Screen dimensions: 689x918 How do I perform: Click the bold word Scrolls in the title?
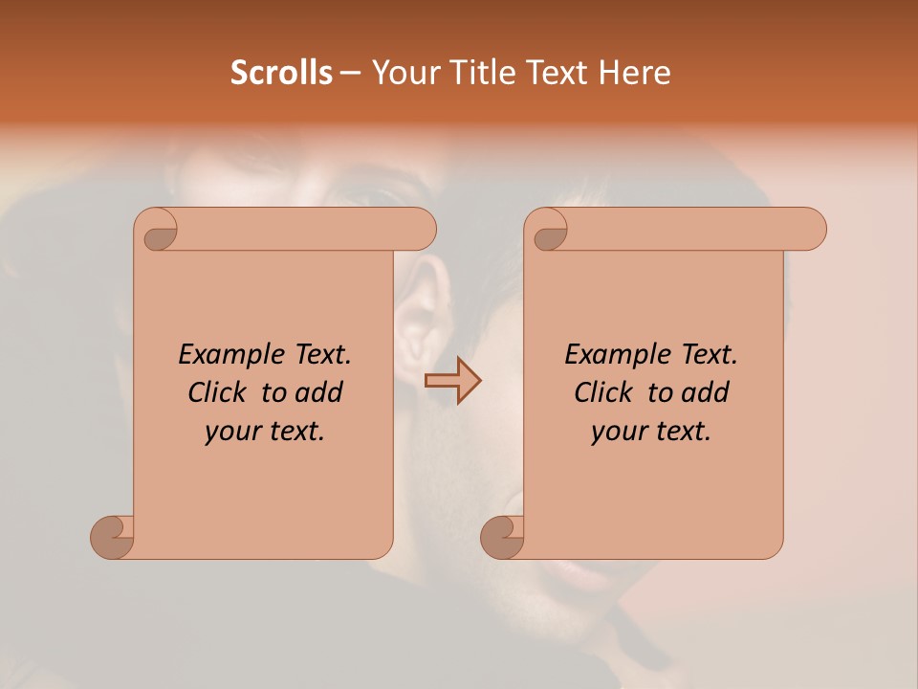pos(281,73)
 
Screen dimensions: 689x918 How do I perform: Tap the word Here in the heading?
pos(634,73)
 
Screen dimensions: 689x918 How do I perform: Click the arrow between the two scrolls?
pos(452,381)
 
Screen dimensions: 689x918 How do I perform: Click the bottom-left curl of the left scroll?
pos(112,537)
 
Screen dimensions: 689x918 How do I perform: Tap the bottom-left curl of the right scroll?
pos(502,537)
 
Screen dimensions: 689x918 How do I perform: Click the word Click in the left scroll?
pos(218,392)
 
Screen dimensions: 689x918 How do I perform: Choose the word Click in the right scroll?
pos(604,392)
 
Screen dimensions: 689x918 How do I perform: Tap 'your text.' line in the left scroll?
pos(265,432)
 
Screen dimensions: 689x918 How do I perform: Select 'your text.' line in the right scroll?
pos(651,432)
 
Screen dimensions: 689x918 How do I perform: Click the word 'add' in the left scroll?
pos(319,392)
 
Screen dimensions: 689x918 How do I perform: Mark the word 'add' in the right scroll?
pos(706,392)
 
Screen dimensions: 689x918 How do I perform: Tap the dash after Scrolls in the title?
pos(350,73)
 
